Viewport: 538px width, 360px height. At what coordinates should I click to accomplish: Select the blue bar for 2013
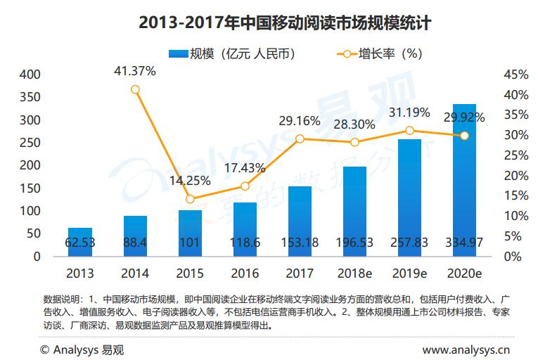80,241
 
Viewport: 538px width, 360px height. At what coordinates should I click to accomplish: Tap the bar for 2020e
464,179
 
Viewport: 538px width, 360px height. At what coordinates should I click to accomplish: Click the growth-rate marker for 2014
135,89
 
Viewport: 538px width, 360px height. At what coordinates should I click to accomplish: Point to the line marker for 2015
190,199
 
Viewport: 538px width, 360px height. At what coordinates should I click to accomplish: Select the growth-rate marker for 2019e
409,130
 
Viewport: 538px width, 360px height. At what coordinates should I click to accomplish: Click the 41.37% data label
135,70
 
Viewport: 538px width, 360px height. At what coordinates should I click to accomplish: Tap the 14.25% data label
190,180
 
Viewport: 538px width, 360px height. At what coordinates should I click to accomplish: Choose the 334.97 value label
464,242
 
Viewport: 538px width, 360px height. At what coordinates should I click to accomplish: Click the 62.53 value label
80,242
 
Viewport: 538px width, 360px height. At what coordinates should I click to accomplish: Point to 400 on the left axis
30,75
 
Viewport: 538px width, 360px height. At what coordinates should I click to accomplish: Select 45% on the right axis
516,75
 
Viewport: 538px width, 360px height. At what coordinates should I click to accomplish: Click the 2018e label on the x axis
354,272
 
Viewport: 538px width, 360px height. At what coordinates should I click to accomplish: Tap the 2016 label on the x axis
245,272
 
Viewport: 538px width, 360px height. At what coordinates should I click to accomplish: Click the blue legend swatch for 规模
177,53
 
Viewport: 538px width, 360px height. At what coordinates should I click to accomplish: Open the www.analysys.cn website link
466,349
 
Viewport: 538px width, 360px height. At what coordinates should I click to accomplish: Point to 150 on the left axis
30,188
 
